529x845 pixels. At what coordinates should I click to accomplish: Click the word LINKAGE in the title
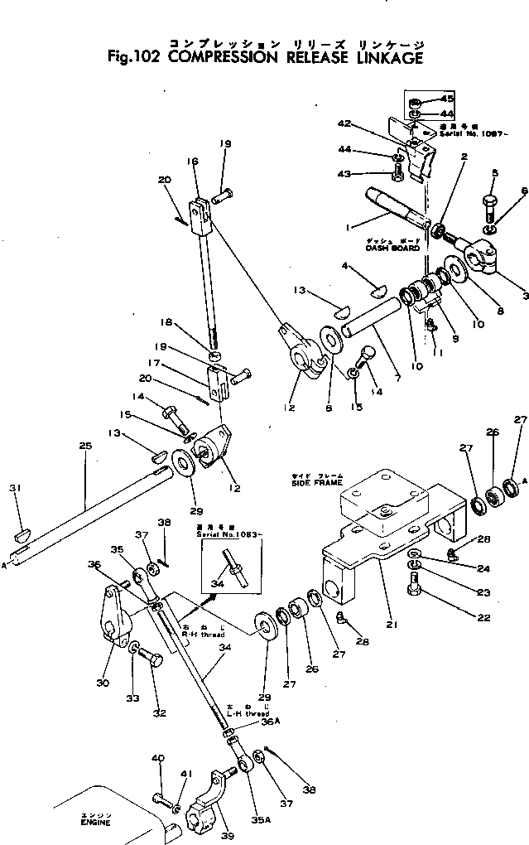(x=383, y=58)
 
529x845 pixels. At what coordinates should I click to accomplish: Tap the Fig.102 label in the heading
(x=134, y=58)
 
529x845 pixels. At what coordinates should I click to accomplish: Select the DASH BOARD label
(x=392, y=248)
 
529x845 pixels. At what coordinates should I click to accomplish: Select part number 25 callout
(x=84, y=446)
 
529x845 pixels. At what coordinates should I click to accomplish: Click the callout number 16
(x=193, y=162)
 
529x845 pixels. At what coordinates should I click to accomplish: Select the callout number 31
(x=14, y=488)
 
